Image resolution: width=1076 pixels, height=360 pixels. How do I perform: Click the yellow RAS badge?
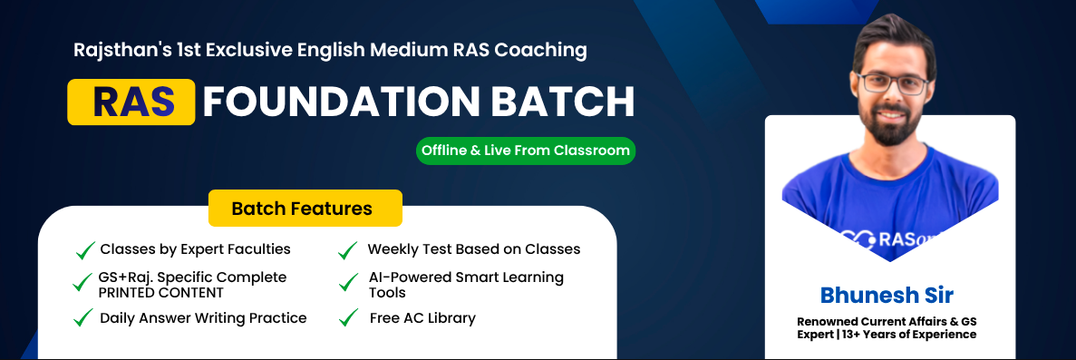tap(131, 102)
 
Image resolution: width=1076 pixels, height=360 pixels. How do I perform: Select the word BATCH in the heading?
tap(557, 102)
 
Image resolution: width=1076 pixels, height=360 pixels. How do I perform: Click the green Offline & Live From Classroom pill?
tap(526, 151)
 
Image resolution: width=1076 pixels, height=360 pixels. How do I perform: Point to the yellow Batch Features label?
tap(305, 209)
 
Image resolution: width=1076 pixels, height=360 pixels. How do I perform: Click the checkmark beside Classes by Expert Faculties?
tap(85, 250)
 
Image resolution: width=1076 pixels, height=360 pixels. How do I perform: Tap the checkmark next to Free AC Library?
tap(349, 318)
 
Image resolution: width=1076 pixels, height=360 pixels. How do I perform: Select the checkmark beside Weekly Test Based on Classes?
tap(347, 250)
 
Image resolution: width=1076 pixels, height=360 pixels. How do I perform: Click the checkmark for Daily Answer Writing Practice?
tap(83, 318)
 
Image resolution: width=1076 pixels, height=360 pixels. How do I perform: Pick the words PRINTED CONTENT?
tap(160, 293)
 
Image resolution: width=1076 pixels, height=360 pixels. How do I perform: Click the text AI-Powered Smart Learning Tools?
tap(466, 285)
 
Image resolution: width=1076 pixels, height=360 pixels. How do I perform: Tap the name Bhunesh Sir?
tap(887, 296)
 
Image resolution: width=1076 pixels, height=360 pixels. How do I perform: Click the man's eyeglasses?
tap(891, 83)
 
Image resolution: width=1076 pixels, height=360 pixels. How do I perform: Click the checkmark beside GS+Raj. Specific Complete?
tap(82, 282)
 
